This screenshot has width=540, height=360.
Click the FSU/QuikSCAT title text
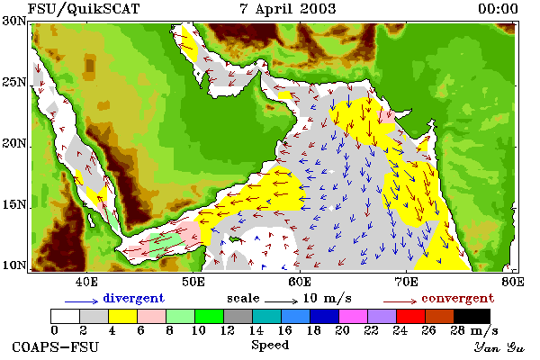[x=84, y=9]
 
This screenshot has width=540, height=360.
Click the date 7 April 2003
[x=288, y=9]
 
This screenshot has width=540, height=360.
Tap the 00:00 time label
[x=498, y=9]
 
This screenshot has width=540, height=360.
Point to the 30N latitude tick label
[x=14, y=21]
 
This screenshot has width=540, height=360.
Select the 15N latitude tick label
[x=14, y=205]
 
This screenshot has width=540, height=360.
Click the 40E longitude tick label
[x=86, y=282]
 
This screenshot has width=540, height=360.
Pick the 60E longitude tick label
[x=300, y=282]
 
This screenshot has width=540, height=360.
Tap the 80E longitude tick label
[x=513, y=282]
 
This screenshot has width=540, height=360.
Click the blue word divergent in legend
[x=133, y=298]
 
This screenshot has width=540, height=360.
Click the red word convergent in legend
[x=458, y=298]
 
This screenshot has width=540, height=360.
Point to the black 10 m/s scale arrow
[x=281, y=301]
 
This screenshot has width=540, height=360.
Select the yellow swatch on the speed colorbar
[x=122, y=316]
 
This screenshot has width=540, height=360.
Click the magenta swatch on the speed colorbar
[x=353, y=316]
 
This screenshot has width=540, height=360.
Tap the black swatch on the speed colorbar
[x=472, y=316]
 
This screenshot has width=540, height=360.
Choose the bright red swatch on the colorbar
[x=410, y=316]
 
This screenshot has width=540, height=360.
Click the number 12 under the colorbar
[x=228, y=330]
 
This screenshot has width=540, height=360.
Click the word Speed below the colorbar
[x=270, y=346]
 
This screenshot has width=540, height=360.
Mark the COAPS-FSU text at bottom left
[x=56, y=346]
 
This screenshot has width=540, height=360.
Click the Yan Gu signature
[x=499, y=347]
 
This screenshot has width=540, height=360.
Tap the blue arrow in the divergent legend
[x=81, y=301]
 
